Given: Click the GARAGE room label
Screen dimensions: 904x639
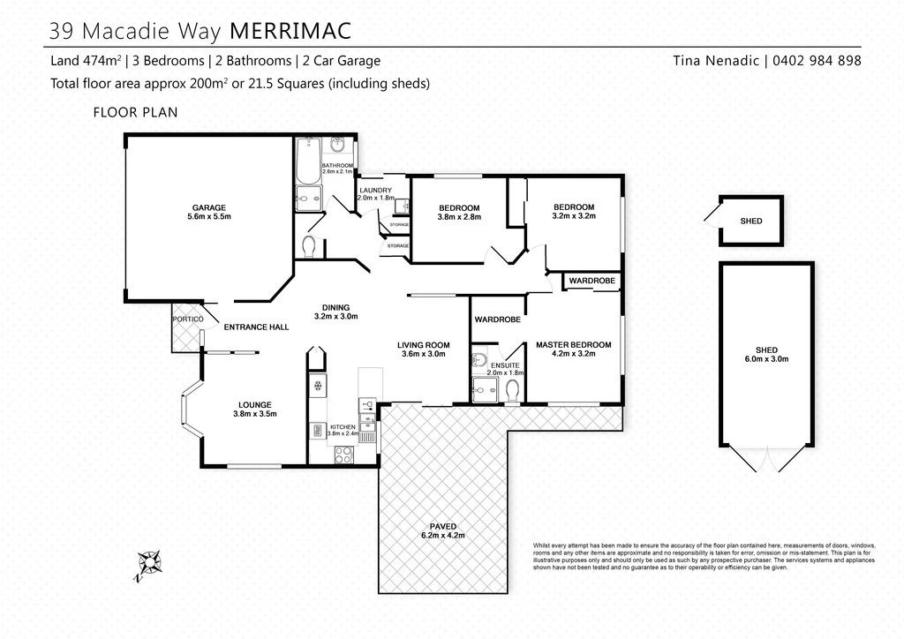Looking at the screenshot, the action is (x=208, y=208).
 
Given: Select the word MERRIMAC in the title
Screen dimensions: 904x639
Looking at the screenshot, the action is (x=290, y=31).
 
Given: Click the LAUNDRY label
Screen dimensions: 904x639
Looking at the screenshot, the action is (x=375, y=190).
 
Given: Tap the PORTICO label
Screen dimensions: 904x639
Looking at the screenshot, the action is (x=188, y=319).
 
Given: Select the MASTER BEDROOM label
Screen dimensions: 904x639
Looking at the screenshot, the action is (x=574, y=345).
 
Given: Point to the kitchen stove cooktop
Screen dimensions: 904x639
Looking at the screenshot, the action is (x=344, y=455).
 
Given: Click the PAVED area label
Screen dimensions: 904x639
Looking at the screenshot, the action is (x=443, y=527).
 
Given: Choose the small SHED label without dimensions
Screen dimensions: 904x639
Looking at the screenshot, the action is (x=751, y=222).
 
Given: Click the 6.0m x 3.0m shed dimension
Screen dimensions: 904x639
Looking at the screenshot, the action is (x=766, y=359).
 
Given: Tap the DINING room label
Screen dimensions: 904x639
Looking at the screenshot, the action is (x=336, y=308).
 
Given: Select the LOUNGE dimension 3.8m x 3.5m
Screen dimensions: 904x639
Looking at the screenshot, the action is (x=255, y=414).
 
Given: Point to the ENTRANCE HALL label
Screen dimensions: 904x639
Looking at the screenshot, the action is (x=257, y=327).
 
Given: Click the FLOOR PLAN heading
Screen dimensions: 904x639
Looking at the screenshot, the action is (x=135, y=112).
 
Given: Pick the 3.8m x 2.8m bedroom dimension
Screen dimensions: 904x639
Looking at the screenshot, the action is (x=459, y=217).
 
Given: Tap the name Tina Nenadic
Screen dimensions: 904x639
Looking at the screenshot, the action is (x=716, y=61).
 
